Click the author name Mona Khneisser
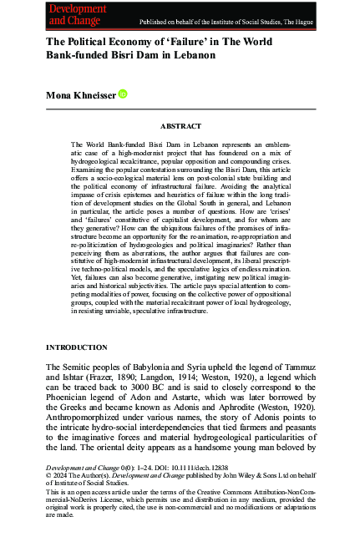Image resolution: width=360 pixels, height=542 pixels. pyautogui.click(x=82, y=96)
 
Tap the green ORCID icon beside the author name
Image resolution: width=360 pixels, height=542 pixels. pyautogui.click(x=124, y=96)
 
